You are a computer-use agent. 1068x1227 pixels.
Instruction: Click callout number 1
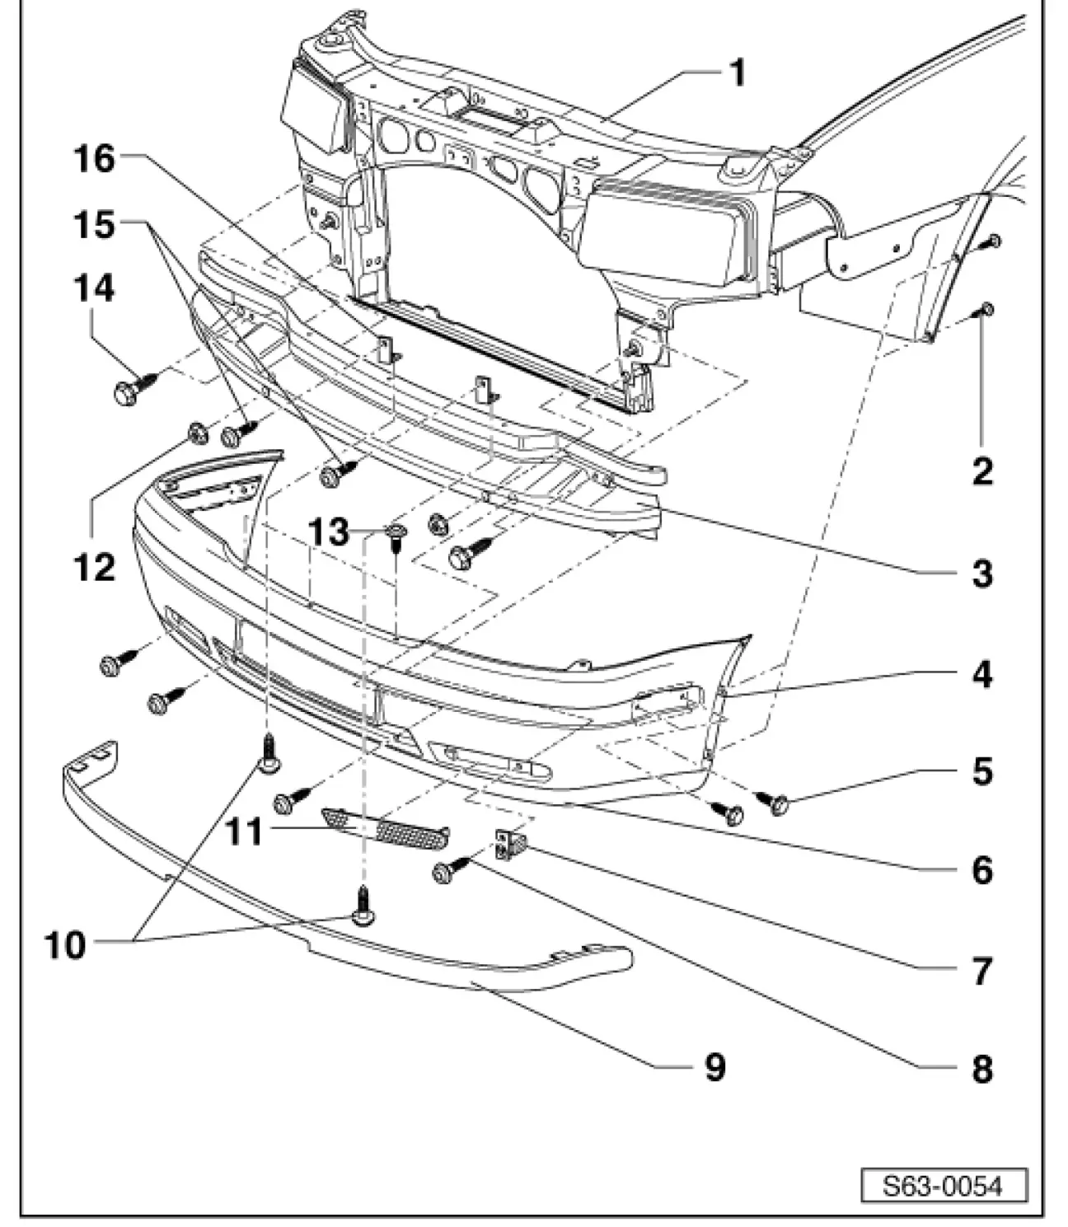(x=738, y=73)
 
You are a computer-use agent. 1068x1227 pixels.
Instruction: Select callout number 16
(x=94, y=160)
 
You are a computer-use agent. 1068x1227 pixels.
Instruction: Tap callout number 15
(x=94, y=225)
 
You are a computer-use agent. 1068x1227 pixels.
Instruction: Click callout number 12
(x=94, y=567)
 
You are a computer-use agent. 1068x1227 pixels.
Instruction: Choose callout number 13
(x=328, y=532)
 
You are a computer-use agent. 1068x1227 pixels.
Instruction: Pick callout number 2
(x=982, y=471)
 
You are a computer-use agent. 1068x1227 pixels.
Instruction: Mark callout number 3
(x=982, y=573)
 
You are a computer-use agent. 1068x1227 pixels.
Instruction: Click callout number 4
(x=982, y=674)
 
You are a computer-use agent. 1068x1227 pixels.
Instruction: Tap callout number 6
(x=982, y=870)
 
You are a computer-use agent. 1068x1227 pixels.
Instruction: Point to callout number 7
(x=982, y=971)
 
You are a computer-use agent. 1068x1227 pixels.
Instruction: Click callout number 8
(x=982, y=1069)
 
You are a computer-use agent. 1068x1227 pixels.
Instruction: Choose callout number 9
(x=714, y=1067)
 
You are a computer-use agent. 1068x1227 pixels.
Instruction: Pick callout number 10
(x=65, y=946)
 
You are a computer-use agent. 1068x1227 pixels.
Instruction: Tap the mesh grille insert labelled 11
(x=385, y=828)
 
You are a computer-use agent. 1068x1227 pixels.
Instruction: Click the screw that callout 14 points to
(x=135, y=386)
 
